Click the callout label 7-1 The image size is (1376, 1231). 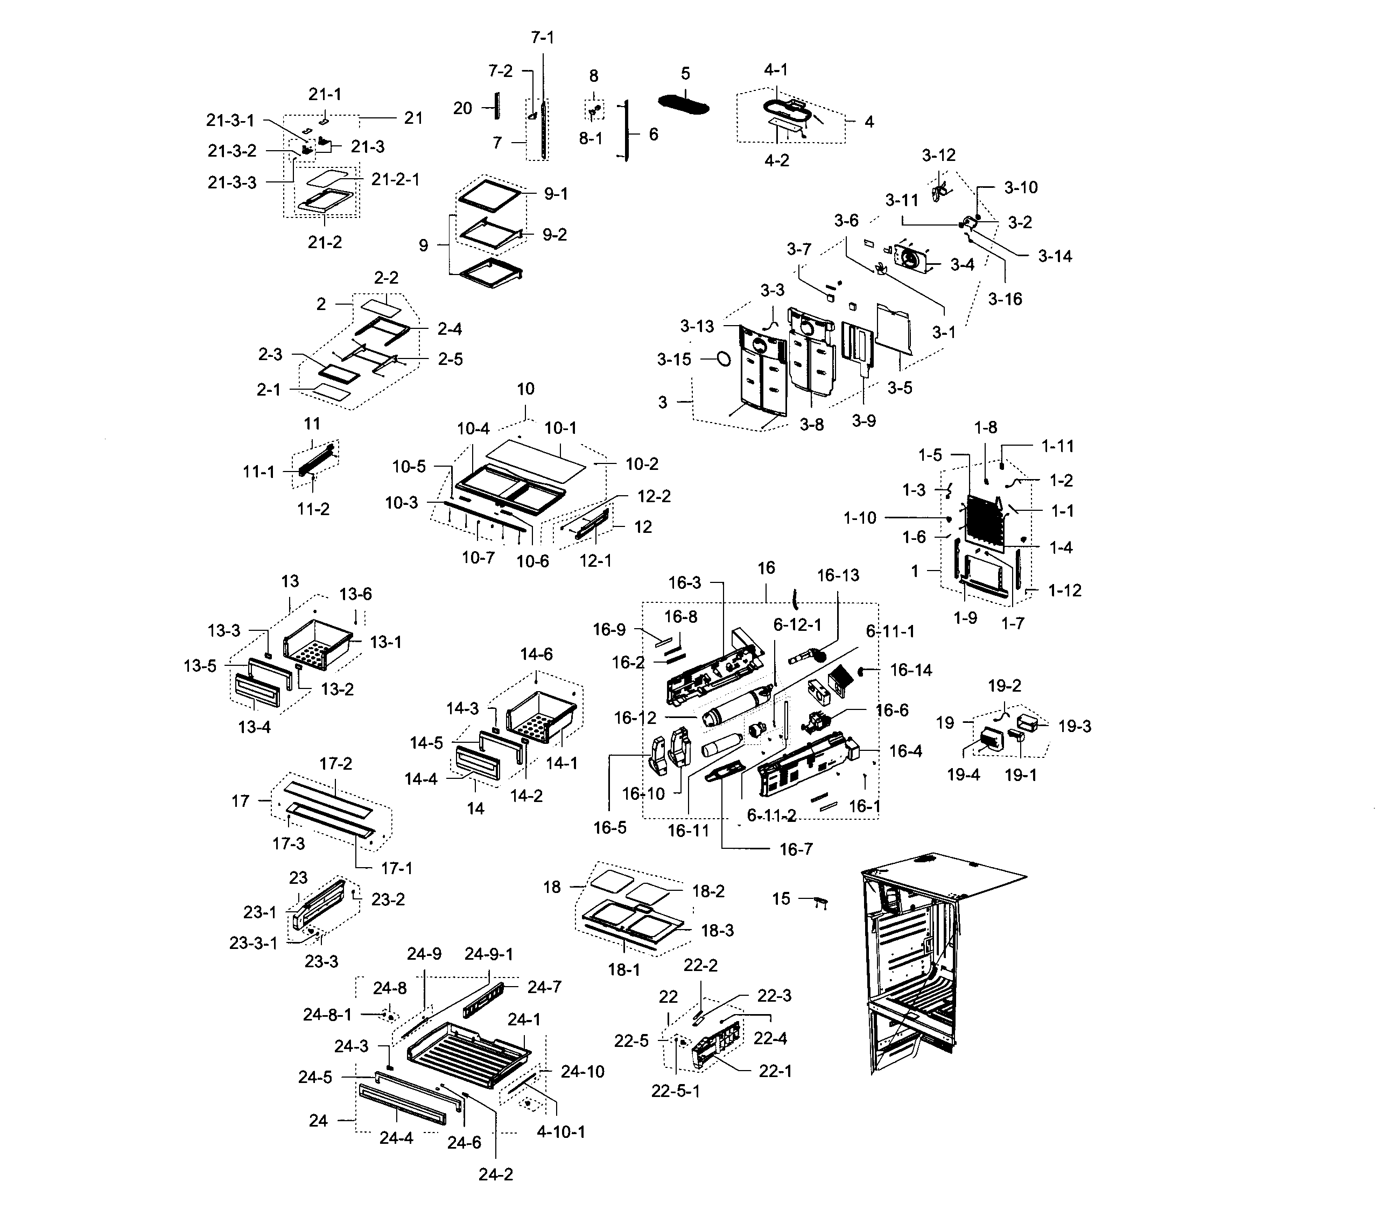(542, 38)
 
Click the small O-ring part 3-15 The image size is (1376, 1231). (722, 358)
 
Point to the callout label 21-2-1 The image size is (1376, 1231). (395, 179)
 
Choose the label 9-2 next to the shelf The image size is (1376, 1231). (554, 235)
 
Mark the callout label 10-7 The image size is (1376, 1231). (478, 557)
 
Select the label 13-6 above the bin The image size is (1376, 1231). (355, 594)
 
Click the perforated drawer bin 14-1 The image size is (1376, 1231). (541, 720)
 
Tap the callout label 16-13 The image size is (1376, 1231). (838, 575)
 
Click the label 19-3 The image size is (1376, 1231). (1075, 727)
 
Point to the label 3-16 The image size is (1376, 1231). (1005, 299)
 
